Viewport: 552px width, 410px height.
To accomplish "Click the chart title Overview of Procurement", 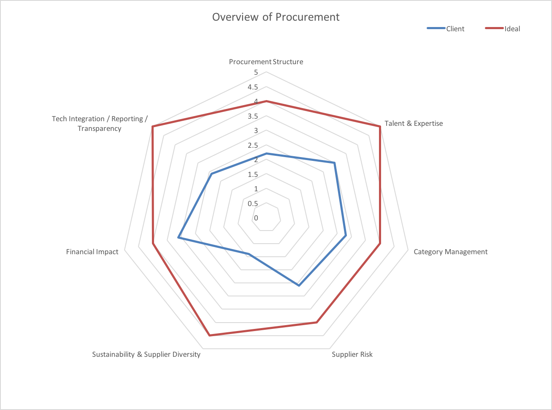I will point(276,17).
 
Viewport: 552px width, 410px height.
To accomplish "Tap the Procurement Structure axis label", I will point(266,62).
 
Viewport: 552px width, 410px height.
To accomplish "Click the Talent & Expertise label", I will point(414,123).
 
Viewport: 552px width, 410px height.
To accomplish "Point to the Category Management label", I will point(450,252).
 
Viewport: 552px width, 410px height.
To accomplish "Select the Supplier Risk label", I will point(352,354).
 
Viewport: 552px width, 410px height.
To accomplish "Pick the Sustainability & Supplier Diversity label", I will point(146,354).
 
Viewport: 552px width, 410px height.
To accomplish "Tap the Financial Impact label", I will point(92,252).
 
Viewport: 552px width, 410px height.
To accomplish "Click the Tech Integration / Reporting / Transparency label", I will point(100,123).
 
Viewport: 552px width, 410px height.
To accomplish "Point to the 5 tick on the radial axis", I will point(256,73).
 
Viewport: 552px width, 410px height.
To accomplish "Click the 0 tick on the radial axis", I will point(256,218).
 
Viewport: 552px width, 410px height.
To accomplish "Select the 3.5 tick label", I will point(253,116).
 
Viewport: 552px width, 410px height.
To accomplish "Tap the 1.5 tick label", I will point(253,174).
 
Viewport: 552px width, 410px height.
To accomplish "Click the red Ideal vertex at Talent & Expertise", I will point(380,126).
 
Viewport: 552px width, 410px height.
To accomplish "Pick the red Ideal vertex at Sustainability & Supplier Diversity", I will point(209,336).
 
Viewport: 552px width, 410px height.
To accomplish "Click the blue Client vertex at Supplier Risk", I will point(299,286).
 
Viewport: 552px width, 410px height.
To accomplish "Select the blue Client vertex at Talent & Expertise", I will point(335,163).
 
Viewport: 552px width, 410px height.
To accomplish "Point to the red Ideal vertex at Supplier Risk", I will point(317,323).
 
